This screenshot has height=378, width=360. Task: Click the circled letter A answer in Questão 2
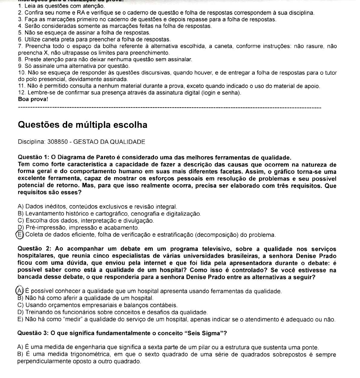pos(20,291)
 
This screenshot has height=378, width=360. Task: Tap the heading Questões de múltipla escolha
pos(83,125)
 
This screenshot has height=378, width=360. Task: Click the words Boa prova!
pos(33,99)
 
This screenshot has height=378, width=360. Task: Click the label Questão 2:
pos(35,249)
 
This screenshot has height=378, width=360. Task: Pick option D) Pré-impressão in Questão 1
pos(78,227)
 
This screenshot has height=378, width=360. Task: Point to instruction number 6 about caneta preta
pos(94,39)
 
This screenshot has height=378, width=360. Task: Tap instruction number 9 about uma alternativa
pos(74,66)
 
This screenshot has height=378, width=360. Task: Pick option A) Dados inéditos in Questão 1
pos(97,207)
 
